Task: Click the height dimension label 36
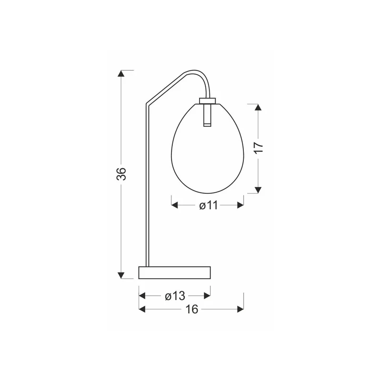click(x=121, y=174)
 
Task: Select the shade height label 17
click(x=259, y=148)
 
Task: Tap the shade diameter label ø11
click(x=209, y=206)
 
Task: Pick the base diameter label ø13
click(x=175, y=296)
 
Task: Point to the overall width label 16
click(x=192, y=309)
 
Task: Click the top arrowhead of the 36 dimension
click(x=121, y=73)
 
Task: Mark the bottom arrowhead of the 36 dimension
click(x=121, y=276)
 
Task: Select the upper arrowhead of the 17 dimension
click(x=258, y=107)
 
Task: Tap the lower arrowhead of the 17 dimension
click(x=258, y=190)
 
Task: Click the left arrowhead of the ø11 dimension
click(x=174, y=205)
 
